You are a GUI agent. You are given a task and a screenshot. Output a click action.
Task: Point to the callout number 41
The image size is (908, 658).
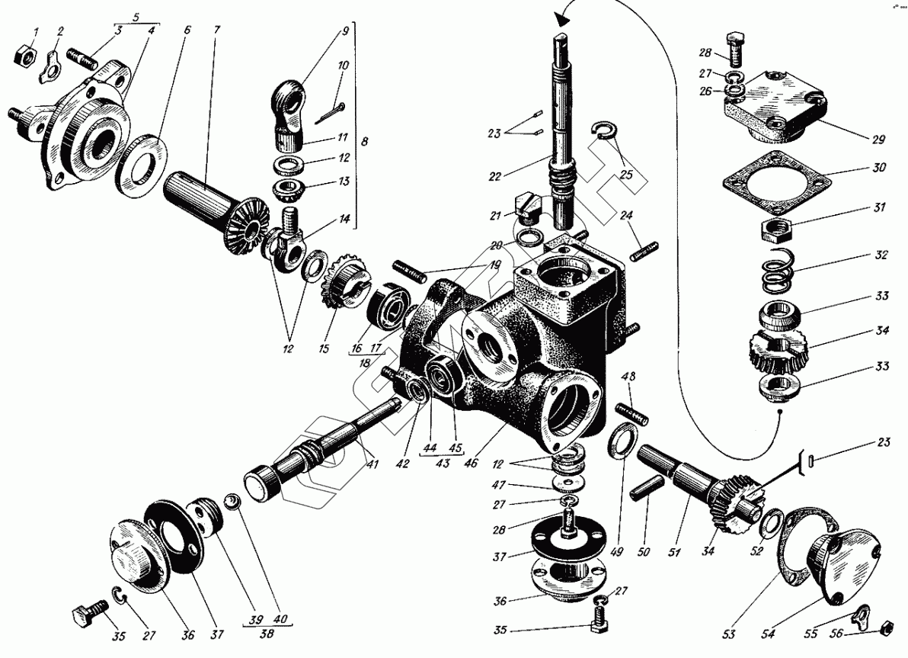coord(370,463)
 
